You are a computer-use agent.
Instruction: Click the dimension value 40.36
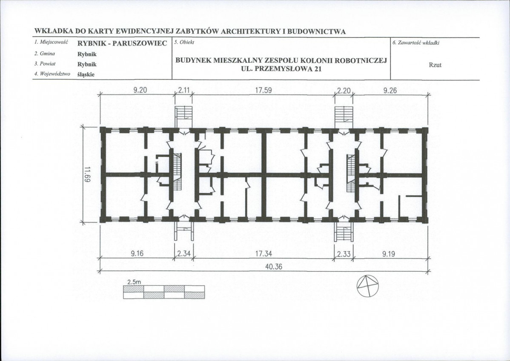point(274,267)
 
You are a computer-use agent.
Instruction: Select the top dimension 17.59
point(263,91)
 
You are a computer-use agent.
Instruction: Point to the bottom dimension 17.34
point(264,253)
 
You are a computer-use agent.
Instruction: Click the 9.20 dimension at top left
point(140,91)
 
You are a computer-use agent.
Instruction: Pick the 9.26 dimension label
point(390,91)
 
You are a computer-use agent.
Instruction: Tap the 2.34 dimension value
point(184,253)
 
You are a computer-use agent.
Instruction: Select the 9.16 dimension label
point(137,253)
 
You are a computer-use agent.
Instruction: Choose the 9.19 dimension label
point(388,253)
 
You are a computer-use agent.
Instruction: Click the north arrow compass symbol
point(368,286)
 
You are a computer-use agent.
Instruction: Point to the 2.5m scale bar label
point(133,282)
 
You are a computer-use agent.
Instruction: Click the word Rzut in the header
point(435,65)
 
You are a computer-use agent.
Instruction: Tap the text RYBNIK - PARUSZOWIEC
point(122,43)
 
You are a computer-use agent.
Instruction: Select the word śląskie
point(86,74)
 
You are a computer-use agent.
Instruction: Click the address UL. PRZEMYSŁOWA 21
point(281,68)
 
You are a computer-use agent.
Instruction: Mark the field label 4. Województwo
point(52,74)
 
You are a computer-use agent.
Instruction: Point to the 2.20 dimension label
point(344,91)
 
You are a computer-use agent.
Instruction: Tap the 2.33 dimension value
point(344,253)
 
